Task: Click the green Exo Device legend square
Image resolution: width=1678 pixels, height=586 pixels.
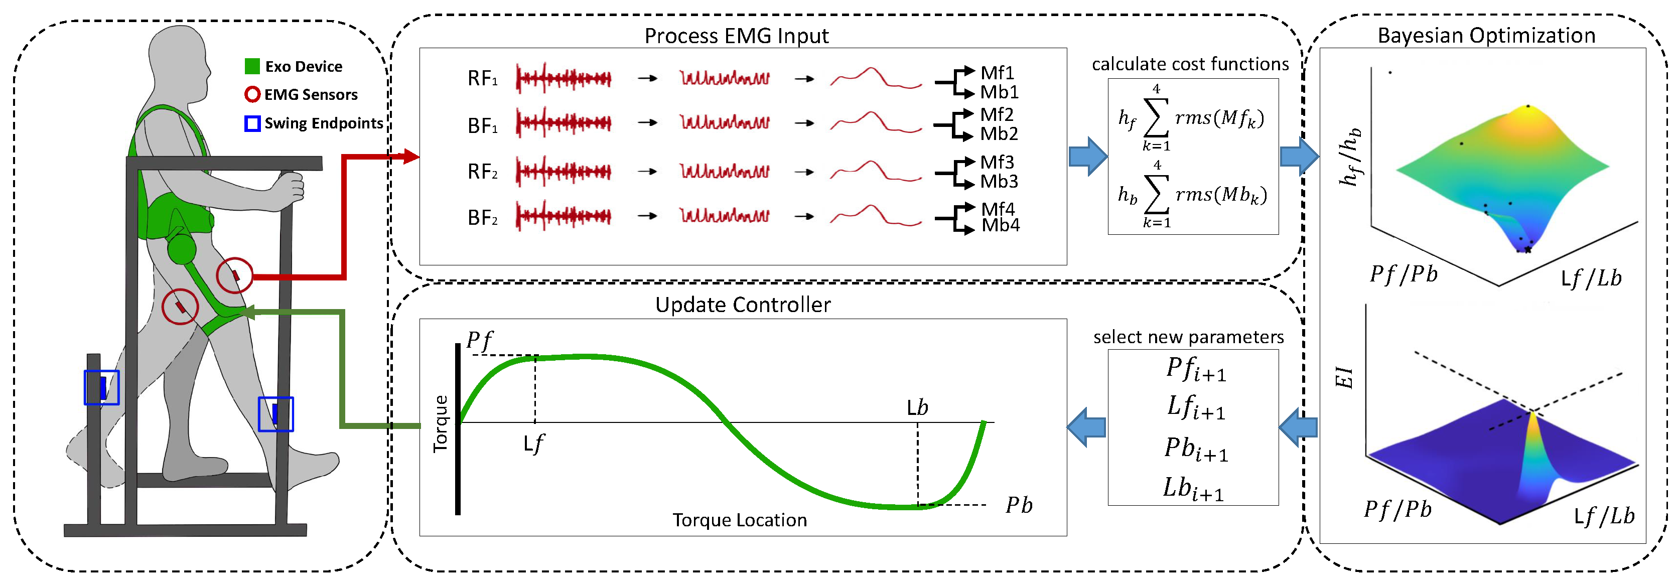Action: (252, 66)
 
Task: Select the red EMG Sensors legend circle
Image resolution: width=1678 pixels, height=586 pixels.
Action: (252, 95)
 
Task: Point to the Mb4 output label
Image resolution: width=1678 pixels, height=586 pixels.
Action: (1001, 225)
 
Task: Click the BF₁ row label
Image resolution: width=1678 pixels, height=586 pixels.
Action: (483, 125)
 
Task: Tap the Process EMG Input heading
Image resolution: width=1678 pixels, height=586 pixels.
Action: (736, 36)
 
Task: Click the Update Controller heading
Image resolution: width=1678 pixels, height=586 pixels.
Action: (743, 305)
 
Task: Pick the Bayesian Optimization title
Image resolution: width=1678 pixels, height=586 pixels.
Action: (1486, 35)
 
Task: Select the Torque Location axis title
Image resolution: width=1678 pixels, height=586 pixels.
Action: (739, 520)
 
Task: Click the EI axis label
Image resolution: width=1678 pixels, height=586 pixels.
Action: (1344, 378)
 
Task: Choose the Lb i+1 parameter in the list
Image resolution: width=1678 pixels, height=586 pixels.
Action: (1193, 488)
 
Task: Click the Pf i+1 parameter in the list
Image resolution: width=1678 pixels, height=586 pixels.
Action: (1195, 369)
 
